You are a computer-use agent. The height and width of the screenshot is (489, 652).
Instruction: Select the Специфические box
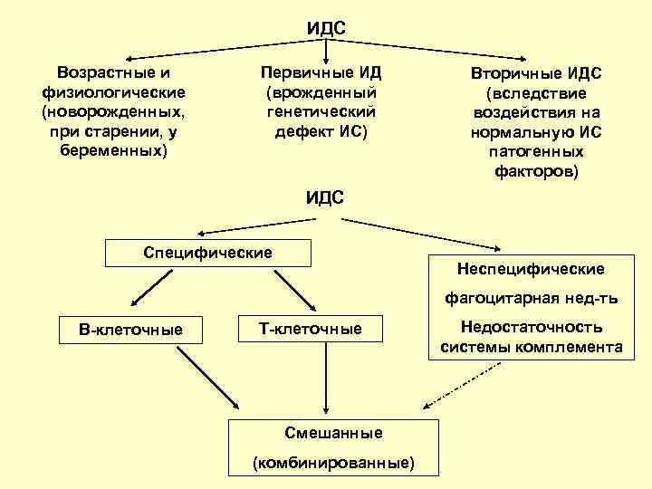pyautogui.click(x=208, y=252)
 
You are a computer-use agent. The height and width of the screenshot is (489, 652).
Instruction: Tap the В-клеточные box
pyautogui.click(x=131, y=330)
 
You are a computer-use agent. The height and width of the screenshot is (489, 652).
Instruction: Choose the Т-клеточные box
pyautogui.click(x=311, y=330)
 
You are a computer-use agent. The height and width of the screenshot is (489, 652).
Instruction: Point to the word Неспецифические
pyautogui.click(x=532, y=269)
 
